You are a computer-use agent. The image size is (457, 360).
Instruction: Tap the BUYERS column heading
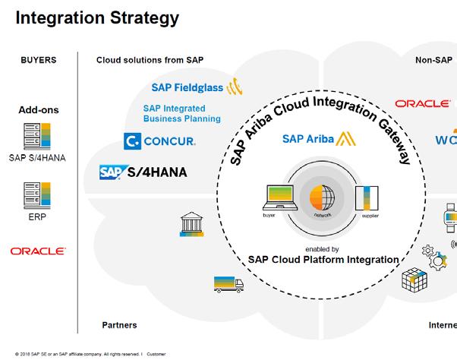tap(38, 60)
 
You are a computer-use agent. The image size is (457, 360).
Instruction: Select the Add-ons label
tap(38, 110)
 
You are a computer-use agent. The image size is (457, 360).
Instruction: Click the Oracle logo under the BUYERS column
tap(38, 251)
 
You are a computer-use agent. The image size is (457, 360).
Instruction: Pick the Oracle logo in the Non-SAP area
tap(422, 104)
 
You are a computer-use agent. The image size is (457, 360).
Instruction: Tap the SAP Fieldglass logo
tap(194, 88)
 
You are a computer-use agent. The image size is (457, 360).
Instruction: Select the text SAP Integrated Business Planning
tap(181, 113)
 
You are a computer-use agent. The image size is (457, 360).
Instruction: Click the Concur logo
tap(159, 141)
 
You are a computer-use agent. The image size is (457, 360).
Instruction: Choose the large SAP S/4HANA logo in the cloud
tap(143, 172)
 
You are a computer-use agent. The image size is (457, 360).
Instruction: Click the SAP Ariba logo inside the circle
tap(315, 138)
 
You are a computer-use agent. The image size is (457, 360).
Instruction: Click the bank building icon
tap(191, 224)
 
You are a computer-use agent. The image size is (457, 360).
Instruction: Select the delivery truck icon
tap(228, 285)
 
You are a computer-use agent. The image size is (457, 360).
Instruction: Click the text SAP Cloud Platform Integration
tap(323, 260)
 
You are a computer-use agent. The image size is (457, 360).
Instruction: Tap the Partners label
tap(119, 325)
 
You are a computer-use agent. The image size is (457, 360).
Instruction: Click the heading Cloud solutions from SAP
tap(150, 60)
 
